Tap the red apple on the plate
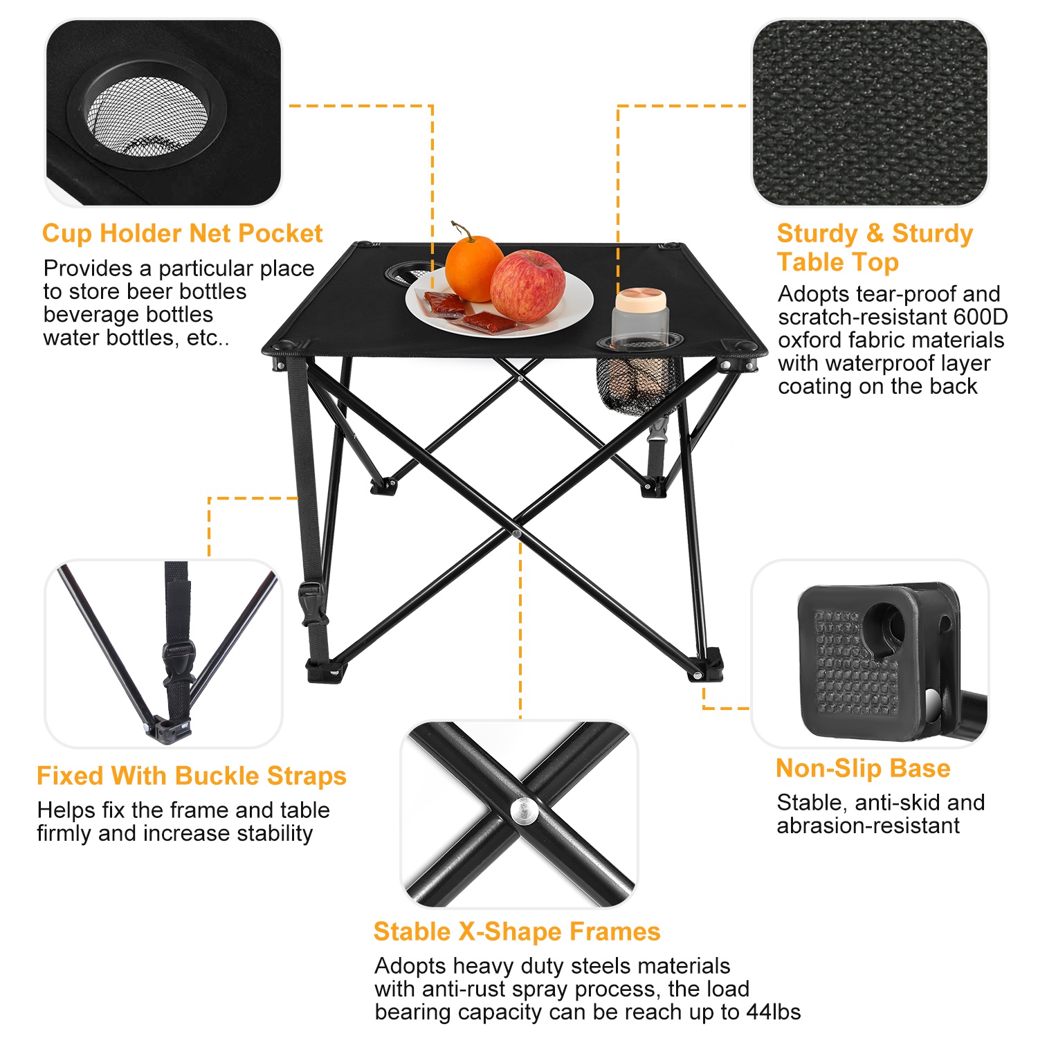tap(527, 285)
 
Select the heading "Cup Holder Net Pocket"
tap(182, 233)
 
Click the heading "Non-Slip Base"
tap(863, 768)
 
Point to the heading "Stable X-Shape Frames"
tap(517, 931)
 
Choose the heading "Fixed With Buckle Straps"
tap(192, 776)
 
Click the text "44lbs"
tap(774, 1012)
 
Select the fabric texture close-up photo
tap(870, 113)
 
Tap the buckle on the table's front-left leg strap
tap(311, 597)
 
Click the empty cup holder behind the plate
tap(408, 271)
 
